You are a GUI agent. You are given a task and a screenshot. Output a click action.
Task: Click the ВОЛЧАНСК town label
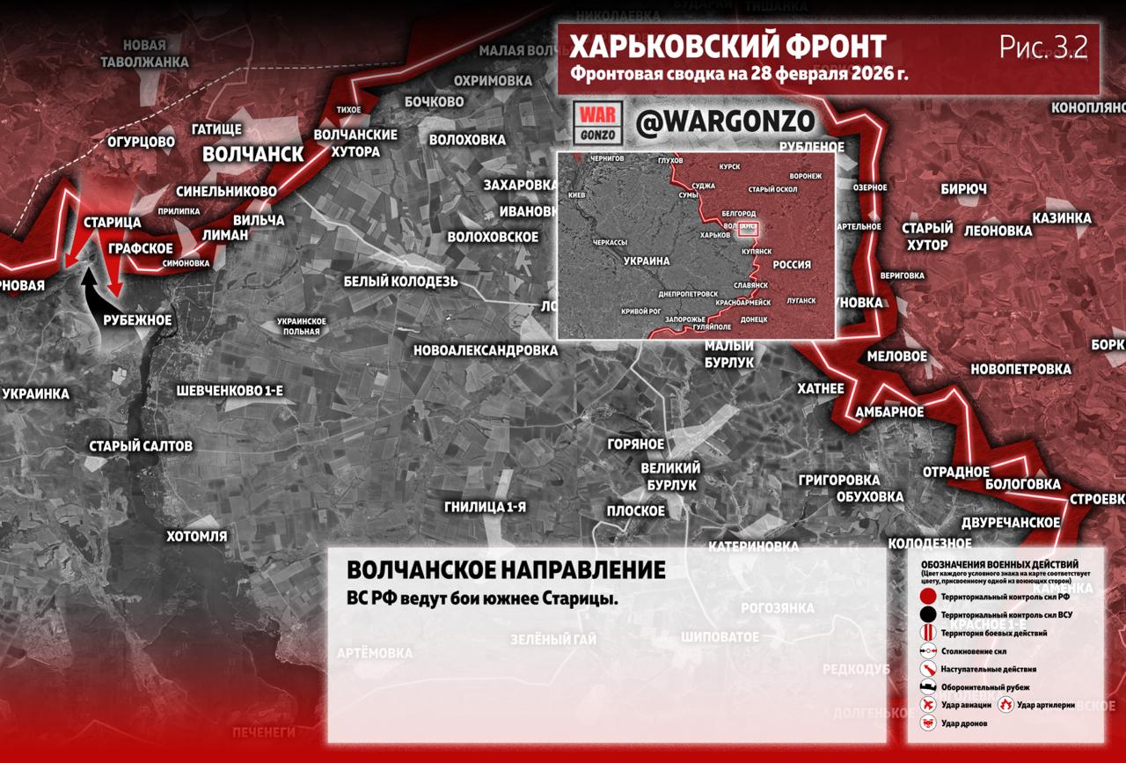click(252, 154)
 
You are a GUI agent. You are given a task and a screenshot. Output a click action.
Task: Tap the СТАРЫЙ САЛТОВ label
click(141, 446)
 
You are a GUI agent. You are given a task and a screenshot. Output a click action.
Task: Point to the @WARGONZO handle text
click(725, 123)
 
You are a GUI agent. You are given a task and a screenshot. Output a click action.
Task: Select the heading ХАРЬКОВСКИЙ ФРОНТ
click(728, 47)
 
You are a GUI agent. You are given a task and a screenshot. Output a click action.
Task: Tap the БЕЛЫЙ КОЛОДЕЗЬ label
click(400, 282)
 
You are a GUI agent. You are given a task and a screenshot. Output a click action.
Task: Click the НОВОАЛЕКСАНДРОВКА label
click(486, 350)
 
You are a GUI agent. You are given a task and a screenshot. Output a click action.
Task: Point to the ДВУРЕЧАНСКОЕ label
click(1011, 523)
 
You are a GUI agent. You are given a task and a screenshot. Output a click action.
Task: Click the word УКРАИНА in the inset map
click(647, 261)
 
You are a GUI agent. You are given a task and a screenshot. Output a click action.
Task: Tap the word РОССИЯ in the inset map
click(791, 265)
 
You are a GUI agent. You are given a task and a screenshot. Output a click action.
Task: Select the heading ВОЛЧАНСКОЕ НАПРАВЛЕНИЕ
click(506, 570)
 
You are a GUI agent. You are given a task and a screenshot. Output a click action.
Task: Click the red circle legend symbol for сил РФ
click(927, 598)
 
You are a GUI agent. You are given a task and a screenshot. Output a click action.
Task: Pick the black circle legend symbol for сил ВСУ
click(927, 615)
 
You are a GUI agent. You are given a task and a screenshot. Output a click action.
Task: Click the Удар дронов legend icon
click(927, 723)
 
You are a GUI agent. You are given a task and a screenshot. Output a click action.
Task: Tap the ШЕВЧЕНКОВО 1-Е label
click(230, 390)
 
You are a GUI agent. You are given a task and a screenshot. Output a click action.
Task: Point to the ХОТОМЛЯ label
click(197, 536)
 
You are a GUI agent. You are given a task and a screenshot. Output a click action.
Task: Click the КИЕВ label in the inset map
click(577, 194)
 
